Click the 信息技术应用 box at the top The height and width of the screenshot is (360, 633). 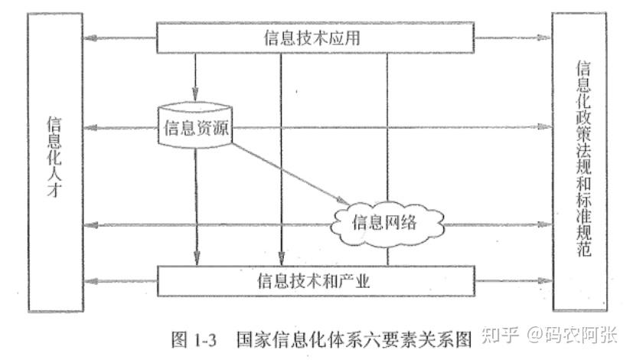315,36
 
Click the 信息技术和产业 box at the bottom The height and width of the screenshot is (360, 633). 315,280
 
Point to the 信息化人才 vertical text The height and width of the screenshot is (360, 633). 54,158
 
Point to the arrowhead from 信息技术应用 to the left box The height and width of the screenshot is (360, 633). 90,36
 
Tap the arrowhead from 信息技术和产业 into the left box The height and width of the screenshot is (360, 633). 90,281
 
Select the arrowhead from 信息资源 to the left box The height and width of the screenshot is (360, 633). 90,127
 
